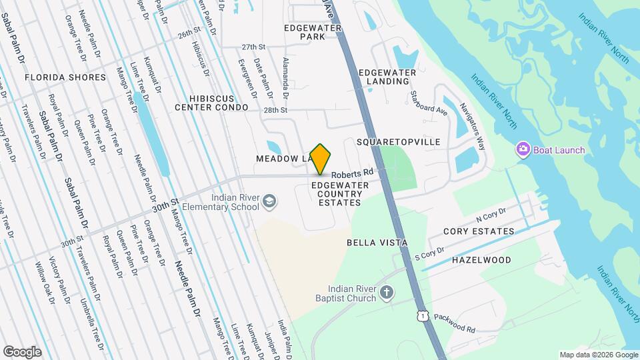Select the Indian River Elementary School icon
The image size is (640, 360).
[269, 201]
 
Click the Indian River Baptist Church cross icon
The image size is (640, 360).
[387, 292]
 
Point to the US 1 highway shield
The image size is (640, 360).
[421, 315]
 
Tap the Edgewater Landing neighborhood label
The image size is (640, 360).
[387, 77]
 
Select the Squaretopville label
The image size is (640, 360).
[399, 143]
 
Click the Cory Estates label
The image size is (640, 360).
[479, 231]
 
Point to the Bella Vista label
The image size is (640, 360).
[377, 243]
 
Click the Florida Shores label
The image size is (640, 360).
[65, 77]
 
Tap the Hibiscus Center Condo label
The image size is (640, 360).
[210, 102]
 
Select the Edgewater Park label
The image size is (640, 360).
[313, 32]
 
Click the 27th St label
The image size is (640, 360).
[254, 47]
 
